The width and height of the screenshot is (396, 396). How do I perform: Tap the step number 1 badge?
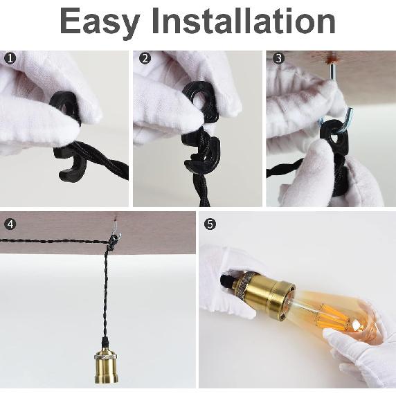(x=10, y=59)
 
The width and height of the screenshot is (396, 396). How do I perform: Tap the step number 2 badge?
(x=145, y=59)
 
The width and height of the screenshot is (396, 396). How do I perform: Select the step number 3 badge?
(x=278, y=59)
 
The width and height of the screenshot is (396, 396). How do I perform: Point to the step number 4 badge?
(x=10, y=224)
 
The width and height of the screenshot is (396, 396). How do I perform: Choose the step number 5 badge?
(x=210, y=224)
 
